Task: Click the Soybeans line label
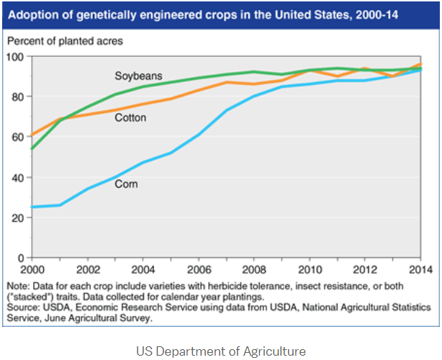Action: click(x=138, y=76)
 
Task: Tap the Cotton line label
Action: click(x=130, y=117)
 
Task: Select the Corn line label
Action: click(x=126, y=184)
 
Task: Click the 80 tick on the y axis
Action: click(x=17, y=96)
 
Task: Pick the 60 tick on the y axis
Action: click(x=17, y=137)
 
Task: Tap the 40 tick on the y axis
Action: click(x=17, y=177)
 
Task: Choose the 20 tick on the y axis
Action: click(x=17, y=217)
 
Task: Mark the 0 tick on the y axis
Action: click(x=19, y=258)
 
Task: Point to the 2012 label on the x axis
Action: click(x=364, y=269)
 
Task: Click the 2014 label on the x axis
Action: click(x=418, y=269)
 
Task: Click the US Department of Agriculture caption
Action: click(x=220, y=351)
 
